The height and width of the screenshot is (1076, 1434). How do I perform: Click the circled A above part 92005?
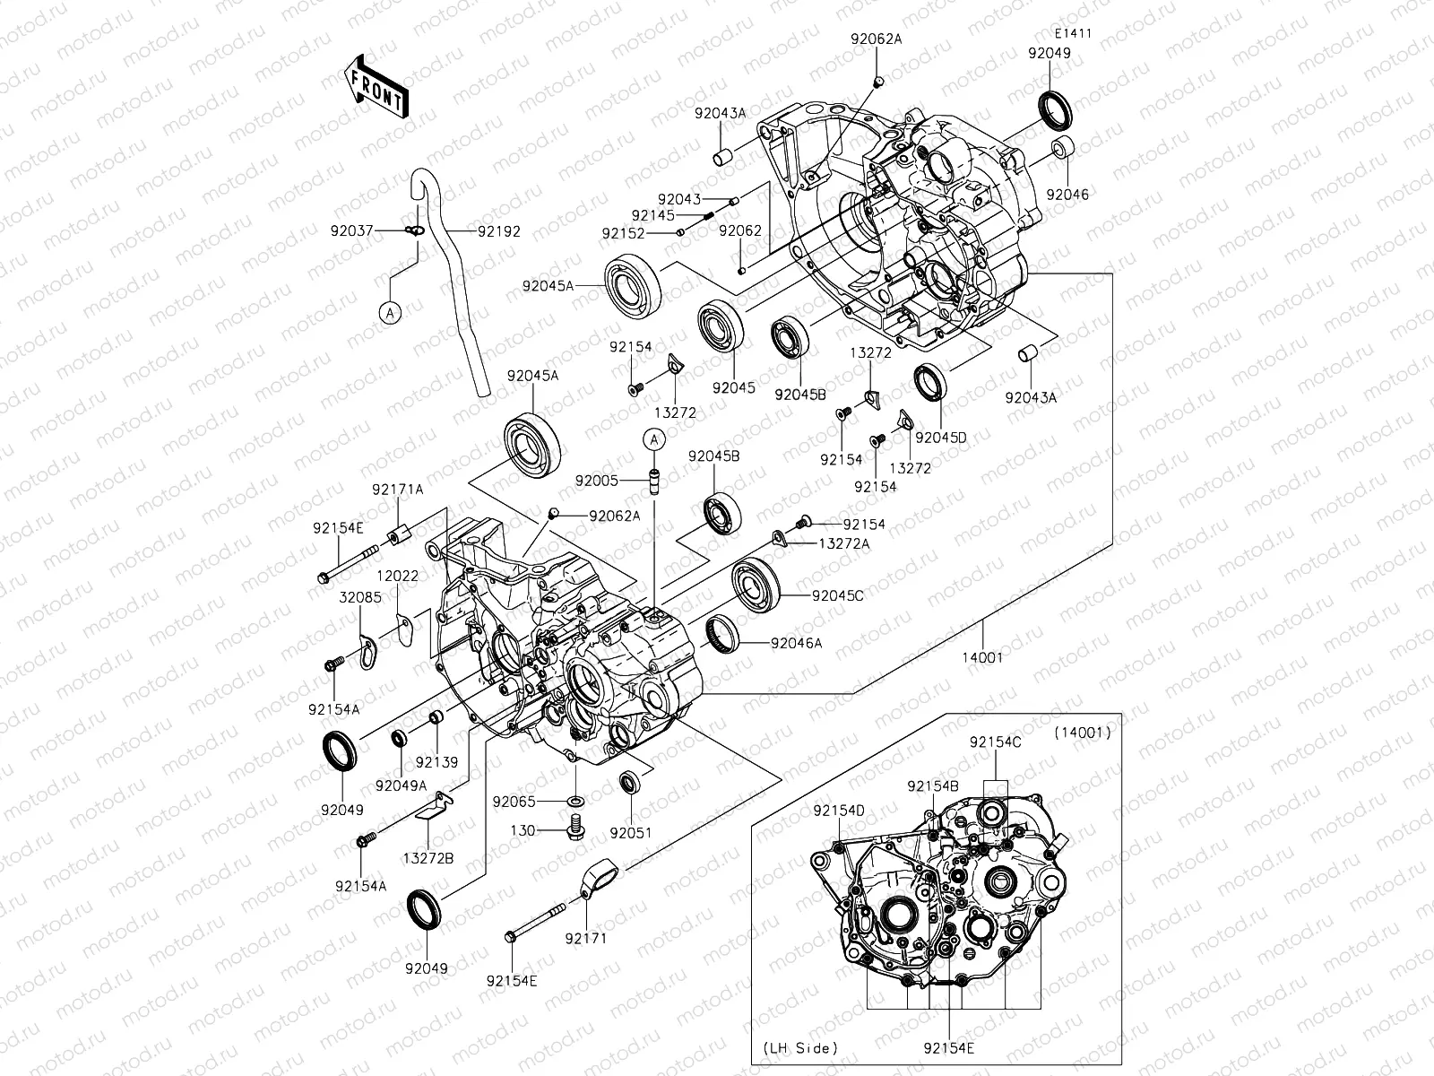tap(655, 439)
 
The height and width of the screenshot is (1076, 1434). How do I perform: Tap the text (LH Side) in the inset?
tap(800, 1047)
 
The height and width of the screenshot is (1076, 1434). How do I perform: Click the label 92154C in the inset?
tap(995, 742)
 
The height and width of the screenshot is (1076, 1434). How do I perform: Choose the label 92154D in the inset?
tap(839, 811)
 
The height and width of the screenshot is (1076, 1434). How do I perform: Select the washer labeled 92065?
tap(574, 799)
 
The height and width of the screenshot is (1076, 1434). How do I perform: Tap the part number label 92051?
tap(631, 833)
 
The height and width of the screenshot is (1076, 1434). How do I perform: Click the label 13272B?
tap(428, 858)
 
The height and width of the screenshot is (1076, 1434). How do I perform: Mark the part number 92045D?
tap(941, 438)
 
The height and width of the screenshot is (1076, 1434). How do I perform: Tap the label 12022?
tap(397, 576)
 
